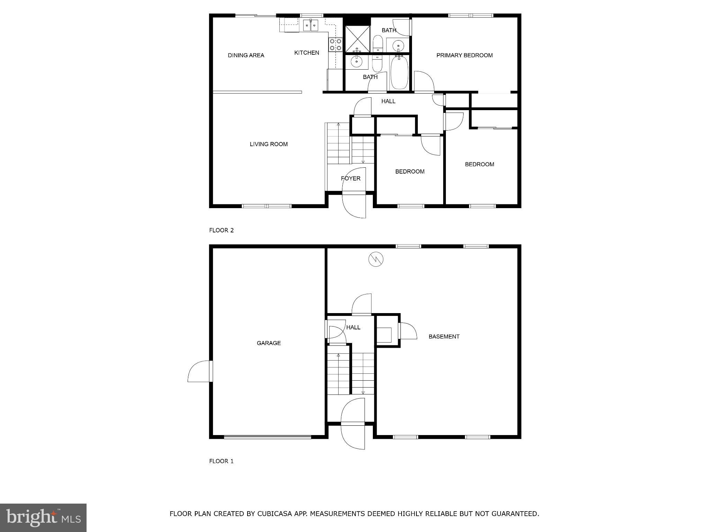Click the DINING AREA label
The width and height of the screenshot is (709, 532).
246,55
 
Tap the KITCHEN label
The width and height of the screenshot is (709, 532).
306,53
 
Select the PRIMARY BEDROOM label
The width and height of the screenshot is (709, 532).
464,55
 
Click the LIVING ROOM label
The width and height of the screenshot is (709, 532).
269,144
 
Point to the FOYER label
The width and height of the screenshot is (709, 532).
351,178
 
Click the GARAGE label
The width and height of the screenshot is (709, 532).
269,343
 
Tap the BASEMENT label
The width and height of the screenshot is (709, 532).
444,336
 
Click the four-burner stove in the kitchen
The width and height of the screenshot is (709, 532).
335,45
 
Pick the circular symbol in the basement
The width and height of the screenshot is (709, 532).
376,259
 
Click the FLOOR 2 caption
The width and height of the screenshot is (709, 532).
221,230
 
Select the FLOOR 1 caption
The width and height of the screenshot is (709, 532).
221,461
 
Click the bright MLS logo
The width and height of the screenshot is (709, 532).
43,517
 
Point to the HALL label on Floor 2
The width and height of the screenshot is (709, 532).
388,101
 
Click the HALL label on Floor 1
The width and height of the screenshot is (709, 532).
353,327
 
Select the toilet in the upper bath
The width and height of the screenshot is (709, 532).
378,43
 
